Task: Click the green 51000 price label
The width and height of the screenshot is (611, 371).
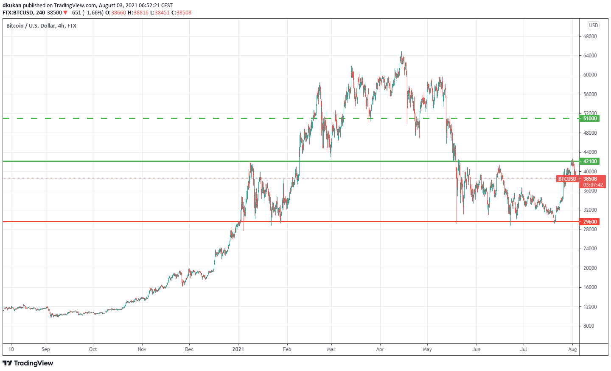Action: click(x=589, y=119)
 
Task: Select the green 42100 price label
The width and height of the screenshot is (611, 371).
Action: click(x=589, y=161)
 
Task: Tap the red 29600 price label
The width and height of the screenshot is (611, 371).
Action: click(x=589, y=222)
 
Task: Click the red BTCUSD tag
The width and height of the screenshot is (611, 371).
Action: click(x=567, y=179)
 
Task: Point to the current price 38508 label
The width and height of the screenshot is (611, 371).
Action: click(x=590, y=179)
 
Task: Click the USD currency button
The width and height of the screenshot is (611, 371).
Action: click(x=593, y=25)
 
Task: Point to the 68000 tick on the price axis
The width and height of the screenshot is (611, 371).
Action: click(x=590, y=37)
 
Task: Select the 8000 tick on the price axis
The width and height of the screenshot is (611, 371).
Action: click(x=589, y=326)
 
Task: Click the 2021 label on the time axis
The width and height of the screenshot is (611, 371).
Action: click(x=238, y=349)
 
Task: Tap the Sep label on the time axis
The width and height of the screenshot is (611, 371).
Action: click(x=46, y=349)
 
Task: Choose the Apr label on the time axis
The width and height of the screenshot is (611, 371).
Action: click(x=380, y=349)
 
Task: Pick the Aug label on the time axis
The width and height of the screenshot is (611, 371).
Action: click(x=572, y=349)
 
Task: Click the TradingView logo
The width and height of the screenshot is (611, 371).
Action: click(x=28, y=363)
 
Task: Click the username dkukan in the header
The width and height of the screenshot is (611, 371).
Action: click(x=12, y=6)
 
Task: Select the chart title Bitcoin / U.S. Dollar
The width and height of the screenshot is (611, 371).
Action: click(x=31, y=26)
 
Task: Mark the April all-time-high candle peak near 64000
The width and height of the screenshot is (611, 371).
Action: click(x=401, y=52)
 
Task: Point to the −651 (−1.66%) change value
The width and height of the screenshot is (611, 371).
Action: click(x=86, y=13)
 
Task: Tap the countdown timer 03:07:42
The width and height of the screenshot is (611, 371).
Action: click(x=593, y=185)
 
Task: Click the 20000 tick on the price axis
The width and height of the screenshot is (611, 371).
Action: click(x=590, y=268)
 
